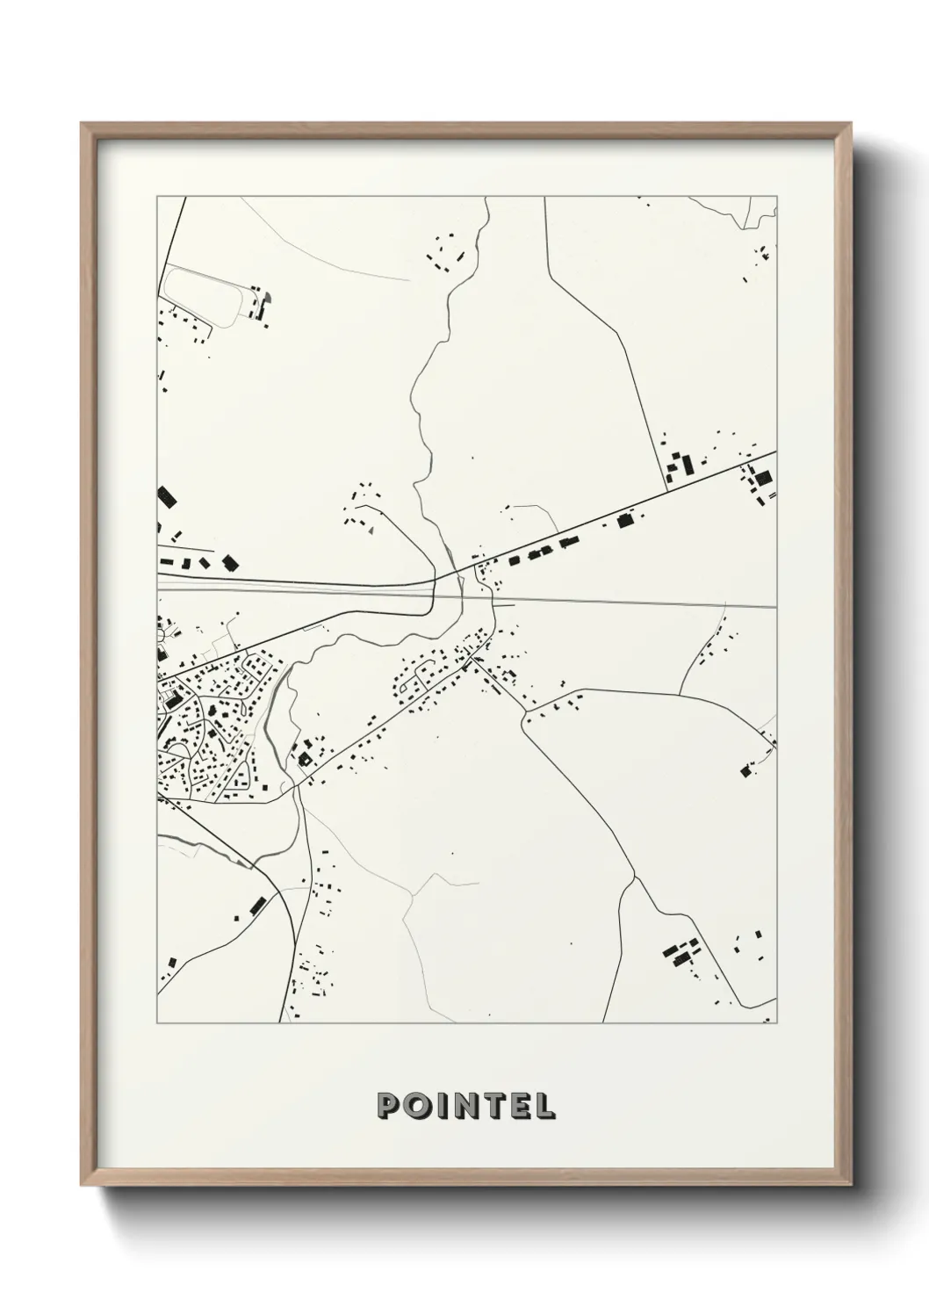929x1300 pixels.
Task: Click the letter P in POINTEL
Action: [387, 1106]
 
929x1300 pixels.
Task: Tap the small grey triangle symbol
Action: [371, 530]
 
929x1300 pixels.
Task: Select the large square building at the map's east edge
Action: [762, 478]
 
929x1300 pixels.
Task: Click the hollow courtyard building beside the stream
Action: [305, 758]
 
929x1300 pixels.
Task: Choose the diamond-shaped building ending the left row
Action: [230, 562]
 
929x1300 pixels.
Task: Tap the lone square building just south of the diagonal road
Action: [625, 521]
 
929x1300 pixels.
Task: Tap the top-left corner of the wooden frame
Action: [83, 124]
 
